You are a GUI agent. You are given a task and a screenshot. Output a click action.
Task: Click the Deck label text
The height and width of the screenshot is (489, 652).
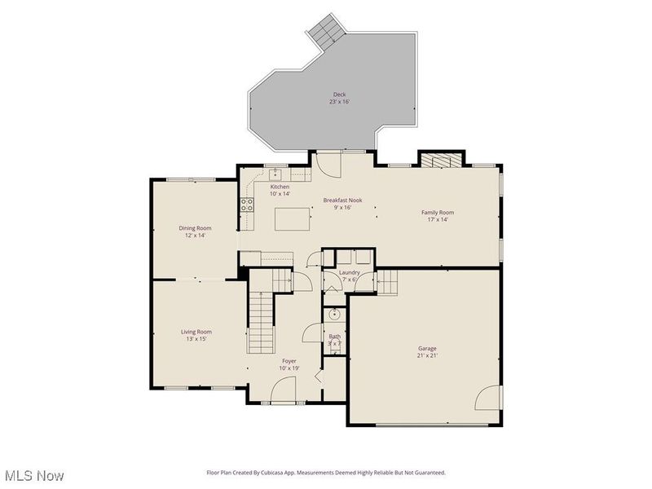(338, 95)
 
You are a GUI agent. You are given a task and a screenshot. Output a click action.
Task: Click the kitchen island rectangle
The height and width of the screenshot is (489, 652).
(292, 219)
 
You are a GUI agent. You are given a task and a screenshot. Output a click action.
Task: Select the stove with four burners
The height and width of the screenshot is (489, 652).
(246, 206)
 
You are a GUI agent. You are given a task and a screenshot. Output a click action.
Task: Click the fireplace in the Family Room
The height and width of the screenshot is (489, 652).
(440, 160)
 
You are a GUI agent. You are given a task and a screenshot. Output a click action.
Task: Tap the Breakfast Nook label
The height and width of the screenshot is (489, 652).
(342, 200)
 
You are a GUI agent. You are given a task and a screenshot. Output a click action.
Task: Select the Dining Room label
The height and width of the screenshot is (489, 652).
(195, 228)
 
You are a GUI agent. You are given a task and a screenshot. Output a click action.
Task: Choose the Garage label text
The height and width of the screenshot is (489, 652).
(428, 349)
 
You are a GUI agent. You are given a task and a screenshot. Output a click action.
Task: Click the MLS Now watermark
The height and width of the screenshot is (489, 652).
(34, 475)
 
